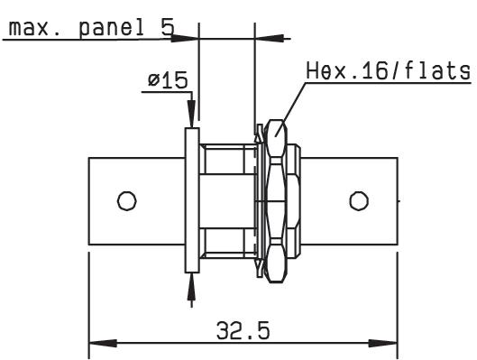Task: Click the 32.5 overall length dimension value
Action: coord(243,331)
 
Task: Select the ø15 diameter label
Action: coord(168,80)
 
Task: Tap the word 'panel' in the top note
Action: coord(112,29)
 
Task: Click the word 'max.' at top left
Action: coord(29,29)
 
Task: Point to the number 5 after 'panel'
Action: coord(168,27)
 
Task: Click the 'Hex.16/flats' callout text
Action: coord(388,71)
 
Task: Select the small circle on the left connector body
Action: coord(127,201)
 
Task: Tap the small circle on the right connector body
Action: coord(359,201)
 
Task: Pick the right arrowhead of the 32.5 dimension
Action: coord(383,343)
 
